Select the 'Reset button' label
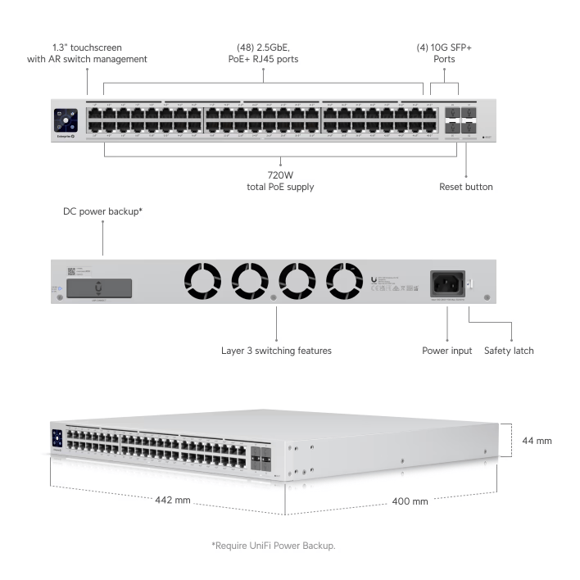coord(466,187)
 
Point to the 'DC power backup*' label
coord(103,211)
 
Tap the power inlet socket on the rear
coord(446,283)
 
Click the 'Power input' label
coord(447,351)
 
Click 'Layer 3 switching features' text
coord(277,351)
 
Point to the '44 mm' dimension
coord(537,441)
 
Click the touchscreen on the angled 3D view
coord(57,438)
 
